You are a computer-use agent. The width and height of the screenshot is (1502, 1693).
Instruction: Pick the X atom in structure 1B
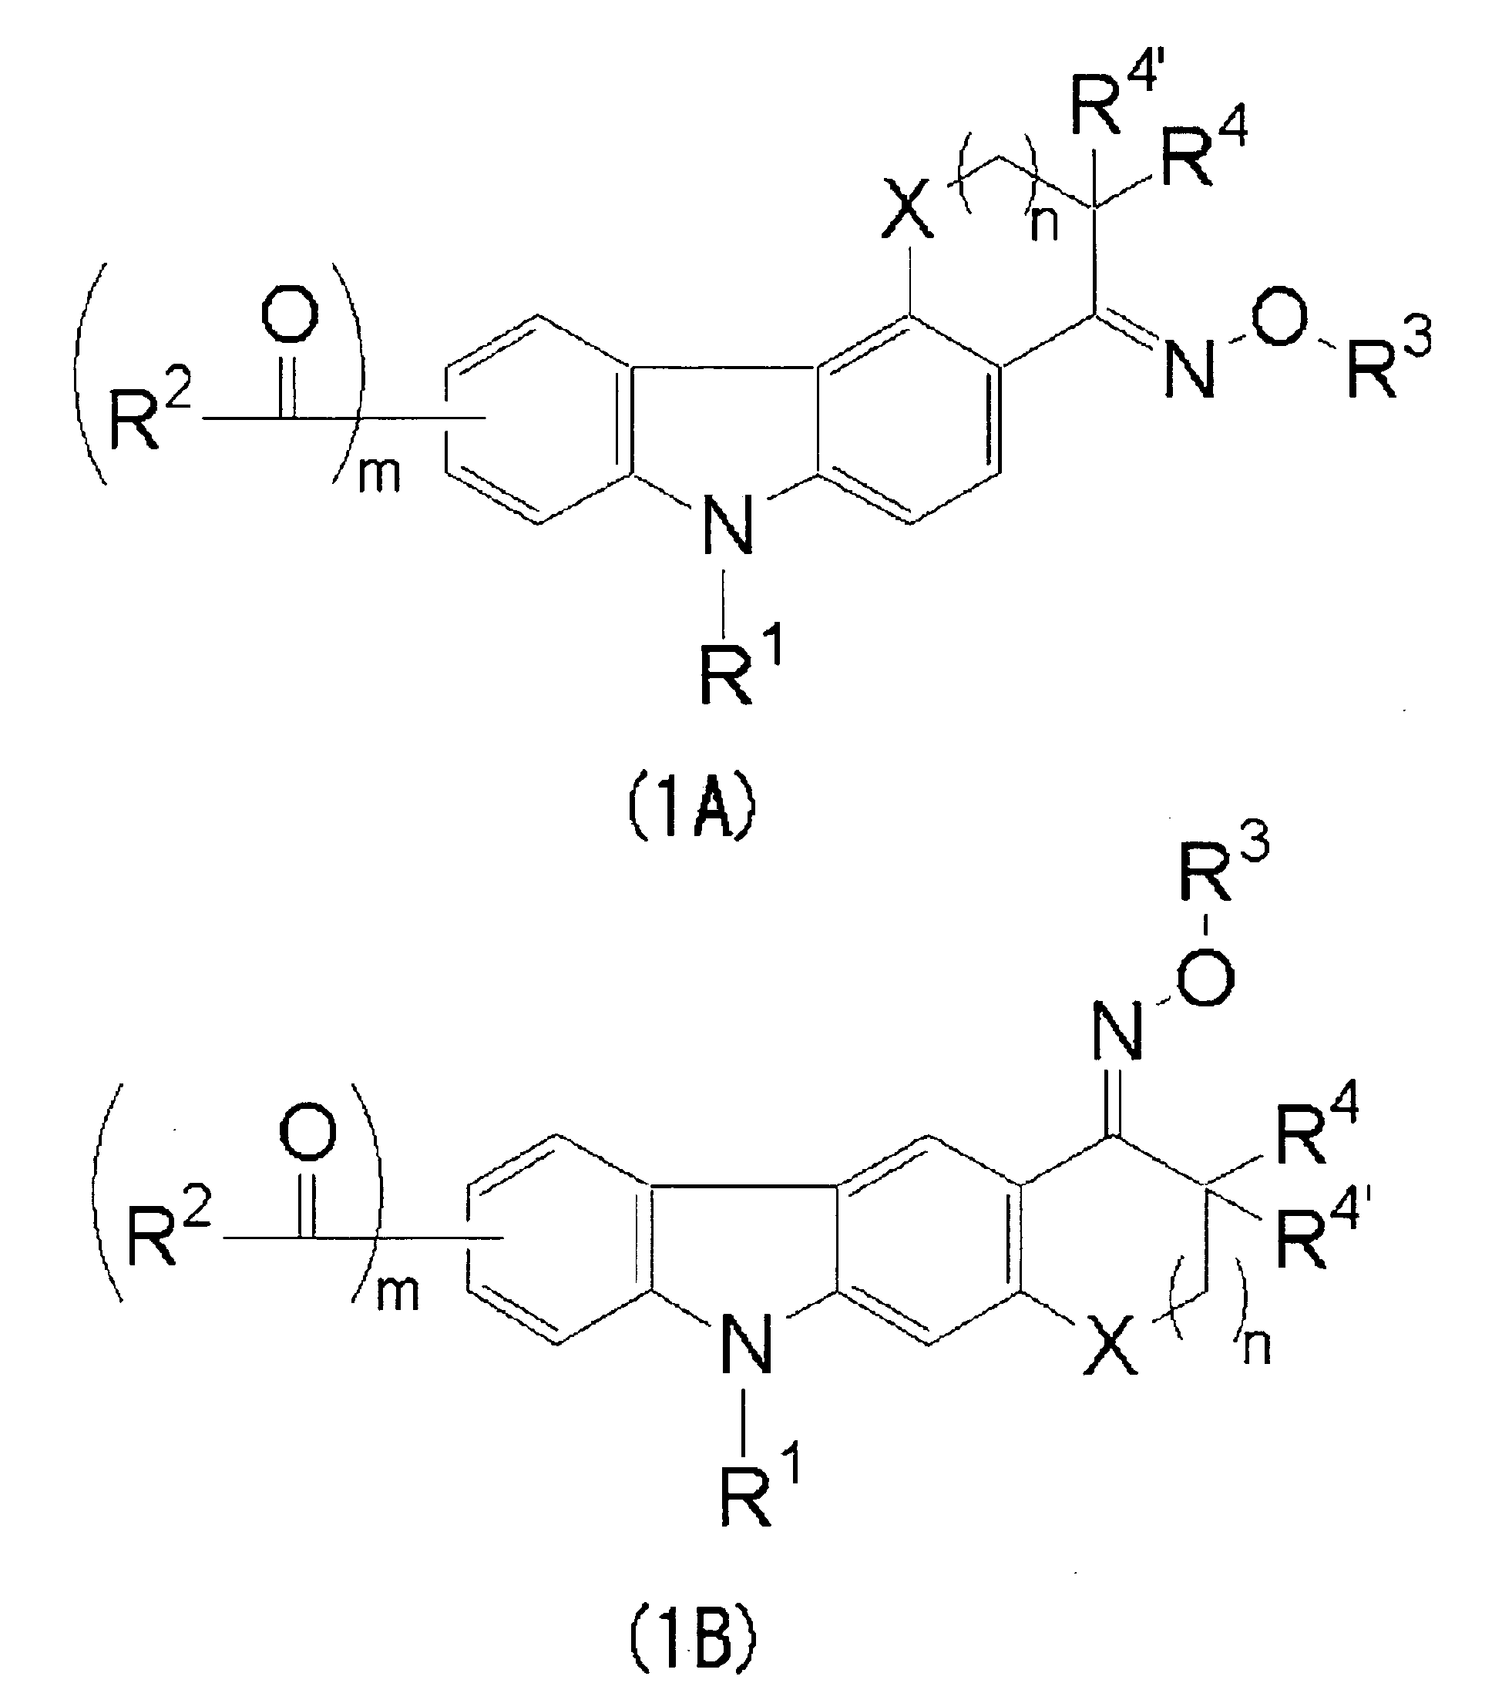[x=1111, y=1353]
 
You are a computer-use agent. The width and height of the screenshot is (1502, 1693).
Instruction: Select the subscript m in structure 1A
[x=378, y=475]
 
